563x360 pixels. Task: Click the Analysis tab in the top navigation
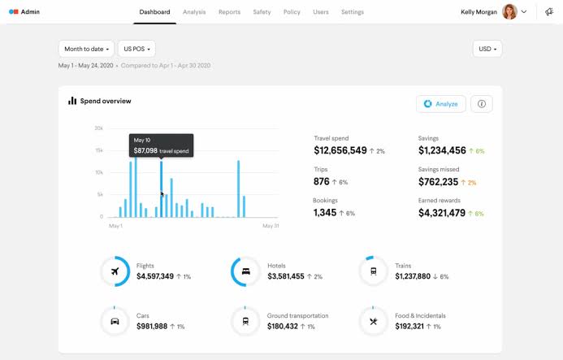tap(194, 12)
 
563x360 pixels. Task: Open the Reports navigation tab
tap(229, 12)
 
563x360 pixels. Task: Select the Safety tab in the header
tap(262, 12)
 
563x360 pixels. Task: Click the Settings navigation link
tap(353, 12)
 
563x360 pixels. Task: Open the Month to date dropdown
tap(86, 49)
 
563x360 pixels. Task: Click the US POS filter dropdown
tap(136, 49)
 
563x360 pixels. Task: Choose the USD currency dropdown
tap(487, 49)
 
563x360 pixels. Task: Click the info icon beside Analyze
tap(482, 104)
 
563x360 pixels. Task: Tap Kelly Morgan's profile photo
tap(509, 12)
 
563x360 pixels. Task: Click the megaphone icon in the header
tap(549, 12)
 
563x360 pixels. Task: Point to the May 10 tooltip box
tap(161, 145)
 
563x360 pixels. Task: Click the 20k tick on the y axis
tap(99, 128)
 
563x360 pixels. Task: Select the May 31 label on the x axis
tap(271, 226)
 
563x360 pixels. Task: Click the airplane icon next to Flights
tap(115, 271)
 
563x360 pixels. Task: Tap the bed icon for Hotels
tap(245, 271)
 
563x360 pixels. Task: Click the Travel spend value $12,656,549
tap(340, 150)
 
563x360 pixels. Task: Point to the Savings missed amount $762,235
tap(438, 182)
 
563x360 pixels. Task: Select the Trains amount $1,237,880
tap(413, 276)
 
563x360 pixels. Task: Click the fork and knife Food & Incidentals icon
tap(374, 321)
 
